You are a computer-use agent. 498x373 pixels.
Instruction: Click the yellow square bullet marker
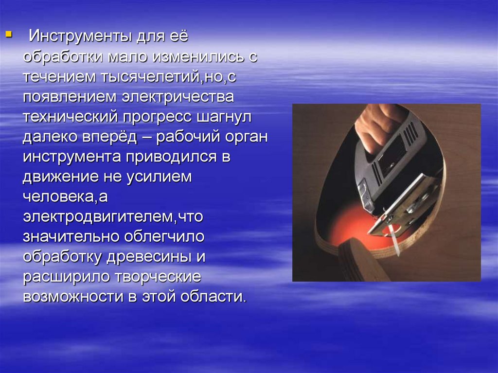click(9, 34)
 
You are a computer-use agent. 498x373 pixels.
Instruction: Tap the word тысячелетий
click(151, 77)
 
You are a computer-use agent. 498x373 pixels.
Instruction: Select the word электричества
click(178, 97)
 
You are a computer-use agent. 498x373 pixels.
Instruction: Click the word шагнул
click(224, 117)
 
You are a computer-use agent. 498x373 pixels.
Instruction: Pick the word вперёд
click(110, 137)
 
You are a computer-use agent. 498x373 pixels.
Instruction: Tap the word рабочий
click(188, 137)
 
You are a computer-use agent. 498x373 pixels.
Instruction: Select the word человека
click(59, 197)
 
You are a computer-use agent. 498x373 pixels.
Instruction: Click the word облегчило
click(164, 237)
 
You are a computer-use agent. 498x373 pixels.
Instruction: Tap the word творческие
click(158, 277)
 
